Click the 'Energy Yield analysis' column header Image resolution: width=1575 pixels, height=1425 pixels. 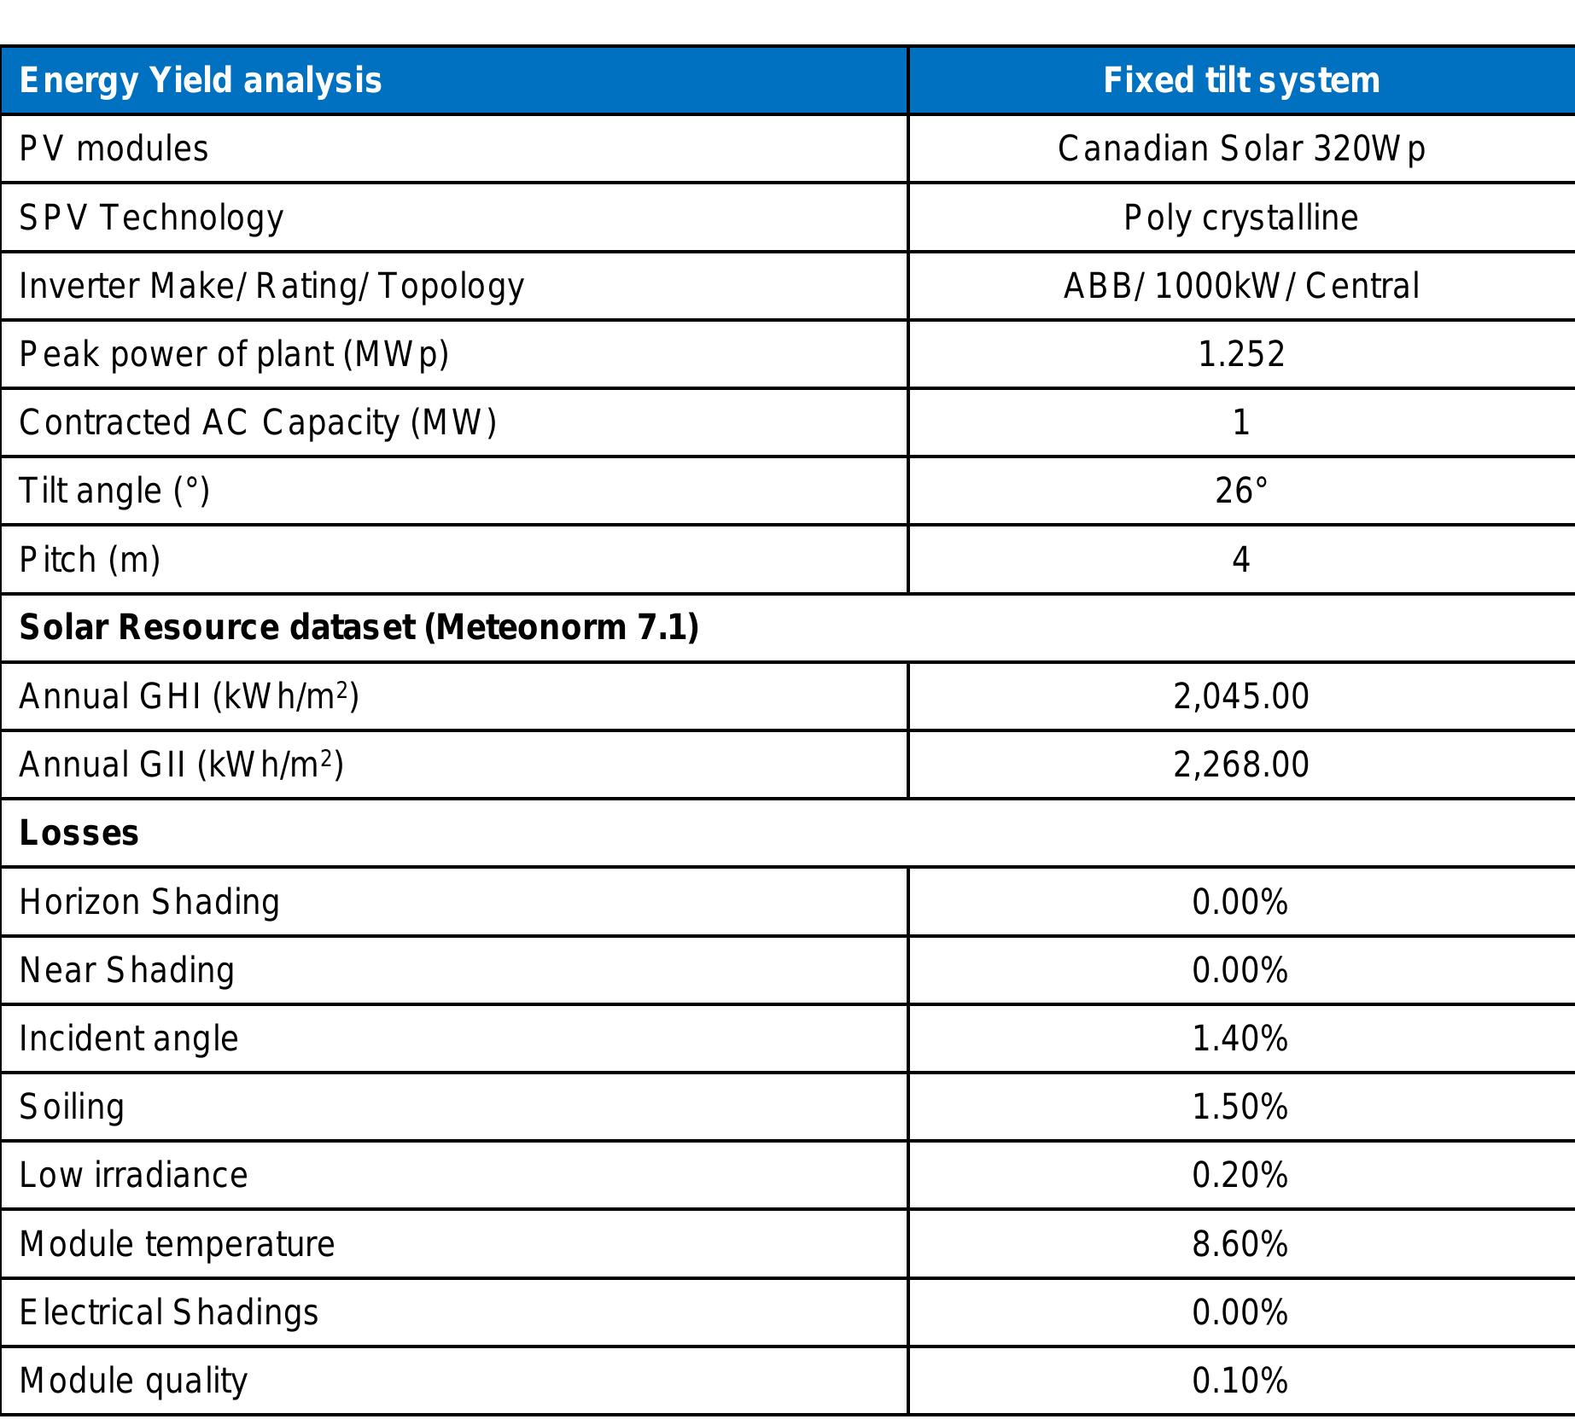click(x=200, y=81)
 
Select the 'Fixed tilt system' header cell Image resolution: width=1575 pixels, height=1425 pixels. click(x=1241, y=81)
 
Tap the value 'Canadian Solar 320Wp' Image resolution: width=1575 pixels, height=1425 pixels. click(x=1241, y=149)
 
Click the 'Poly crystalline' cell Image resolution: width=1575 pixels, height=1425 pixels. click(x=1240, y=218)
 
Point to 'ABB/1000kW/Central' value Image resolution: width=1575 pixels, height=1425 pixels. click(x=1241, y=286)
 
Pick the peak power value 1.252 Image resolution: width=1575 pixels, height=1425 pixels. click(x=1241, y=354)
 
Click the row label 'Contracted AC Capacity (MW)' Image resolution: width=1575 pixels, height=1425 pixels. click(x=258, y=422)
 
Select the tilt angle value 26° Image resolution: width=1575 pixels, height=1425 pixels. click(x=1241, y=491)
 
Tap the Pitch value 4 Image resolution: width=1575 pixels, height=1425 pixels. click(x=1241, y=560)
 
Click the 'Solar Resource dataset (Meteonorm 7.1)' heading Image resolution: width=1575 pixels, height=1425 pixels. click(x=359, y=628)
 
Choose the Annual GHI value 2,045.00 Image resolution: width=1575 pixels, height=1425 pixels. click(x=1241, y=696)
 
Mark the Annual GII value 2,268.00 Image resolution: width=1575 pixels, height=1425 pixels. click(x=1241, y=765)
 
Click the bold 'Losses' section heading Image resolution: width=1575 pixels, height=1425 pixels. click(x=79, y=833)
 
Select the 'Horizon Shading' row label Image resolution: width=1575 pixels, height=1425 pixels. click(x=149, y=902)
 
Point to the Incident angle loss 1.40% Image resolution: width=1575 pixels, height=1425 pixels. click(x=1240, y=1038)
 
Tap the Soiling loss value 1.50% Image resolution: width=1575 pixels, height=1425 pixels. click(x=1240, y=1107)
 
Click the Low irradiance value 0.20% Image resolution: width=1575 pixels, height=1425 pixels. click(x=1240, y=1175)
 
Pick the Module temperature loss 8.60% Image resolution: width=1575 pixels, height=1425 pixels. click(x=1240, y=1244)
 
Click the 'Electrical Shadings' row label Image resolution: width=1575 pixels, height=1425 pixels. click(x=168, y=1312)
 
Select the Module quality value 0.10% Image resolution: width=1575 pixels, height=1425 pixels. click(x=1240, y=1381)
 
